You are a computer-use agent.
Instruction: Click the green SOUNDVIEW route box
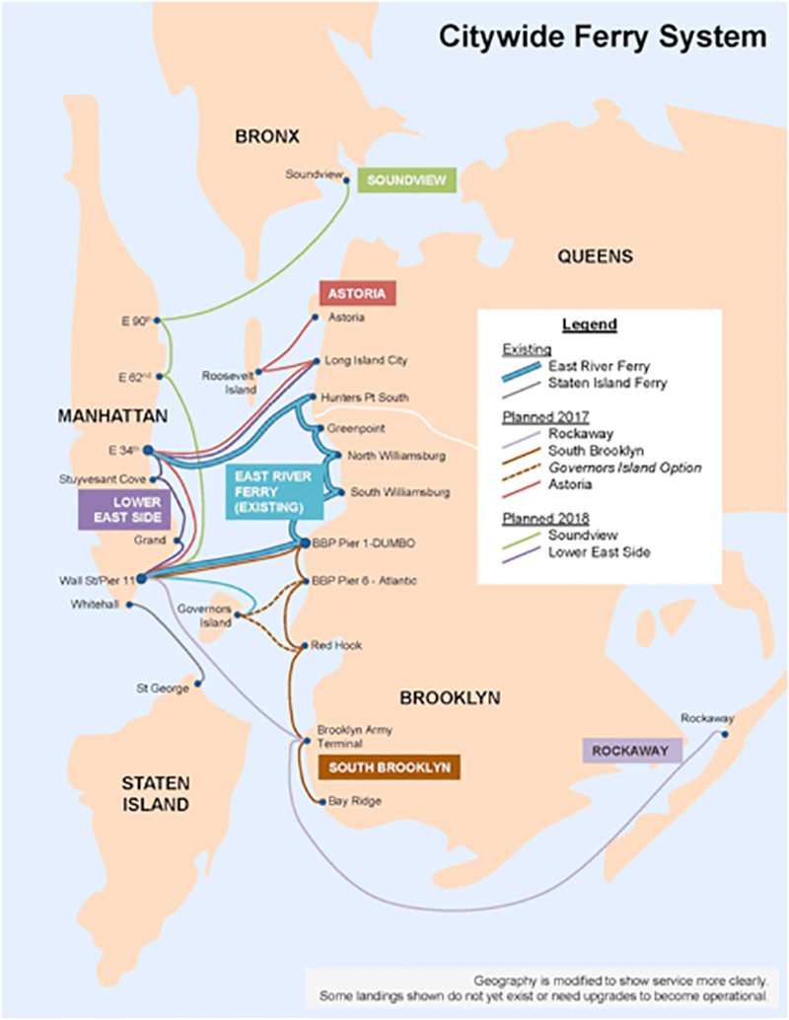pos(406,181)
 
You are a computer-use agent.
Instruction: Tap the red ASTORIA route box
pos(357,293)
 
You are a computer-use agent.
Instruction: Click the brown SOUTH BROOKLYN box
pos(389,767)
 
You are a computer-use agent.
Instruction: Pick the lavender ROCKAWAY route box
pos(632,751)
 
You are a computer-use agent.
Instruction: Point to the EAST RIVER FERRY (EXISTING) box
pos(274,492)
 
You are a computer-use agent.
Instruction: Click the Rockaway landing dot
pos(725,735)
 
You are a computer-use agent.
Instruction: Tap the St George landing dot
pos(198,684)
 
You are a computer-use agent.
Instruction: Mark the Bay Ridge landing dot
pos(322,803)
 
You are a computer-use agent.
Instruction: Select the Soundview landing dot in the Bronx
pos(347,181)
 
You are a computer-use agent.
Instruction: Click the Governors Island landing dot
pos(238,615)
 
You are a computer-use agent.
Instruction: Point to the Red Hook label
pos(336,645)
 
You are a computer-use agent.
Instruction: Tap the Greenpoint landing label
pos(356,429)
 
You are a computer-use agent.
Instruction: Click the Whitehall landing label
pos(95,605)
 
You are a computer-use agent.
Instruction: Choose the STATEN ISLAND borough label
pos(156,794)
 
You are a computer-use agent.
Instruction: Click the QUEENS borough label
pos(595,256)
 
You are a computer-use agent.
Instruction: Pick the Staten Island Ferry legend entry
pos(608,383)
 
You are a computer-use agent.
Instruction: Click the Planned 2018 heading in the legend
pos(545,519)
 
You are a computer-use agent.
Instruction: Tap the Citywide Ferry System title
pos(603,36)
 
